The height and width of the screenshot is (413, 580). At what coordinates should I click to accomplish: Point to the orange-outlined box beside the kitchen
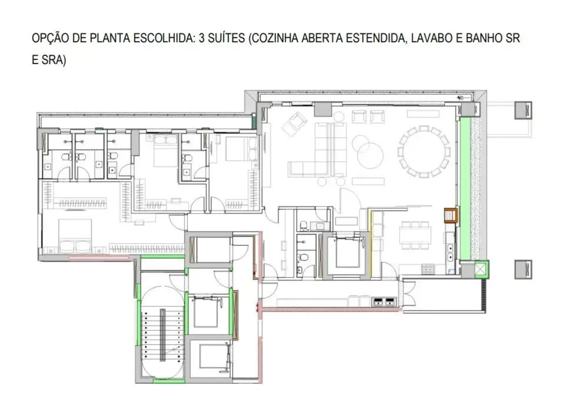(451, 215)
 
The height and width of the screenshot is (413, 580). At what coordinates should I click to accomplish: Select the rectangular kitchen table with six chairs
(415, 235)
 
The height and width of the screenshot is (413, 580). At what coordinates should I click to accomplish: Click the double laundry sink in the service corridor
(385, 302)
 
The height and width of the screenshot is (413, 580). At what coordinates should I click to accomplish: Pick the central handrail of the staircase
(162, 335)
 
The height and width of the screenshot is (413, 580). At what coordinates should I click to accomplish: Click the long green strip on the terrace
(465, 188)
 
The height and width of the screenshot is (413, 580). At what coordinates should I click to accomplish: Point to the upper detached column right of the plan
(524, 110)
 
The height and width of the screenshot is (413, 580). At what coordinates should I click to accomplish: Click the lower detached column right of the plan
(524, 269)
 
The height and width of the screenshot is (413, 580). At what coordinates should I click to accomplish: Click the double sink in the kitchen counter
(450, 252)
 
